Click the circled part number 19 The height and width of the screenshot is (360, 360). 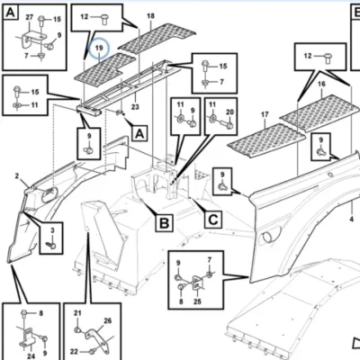coord(99,48)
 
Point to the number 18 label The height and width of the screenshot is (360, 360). coord(150,15)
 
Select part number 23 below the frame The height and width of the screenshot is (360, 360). coord(135,106)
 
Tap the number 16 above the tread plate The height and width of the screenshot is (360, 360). coord(321,84)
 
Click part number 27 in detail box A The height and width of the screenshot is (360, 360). coord(30,17)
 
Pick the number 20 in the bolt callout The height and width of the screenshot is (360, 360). coord(229,112)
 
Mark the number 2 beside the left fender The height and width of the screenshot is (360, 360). coord(17,175)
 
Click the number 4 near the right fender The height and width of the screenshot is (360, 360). coord(352,220)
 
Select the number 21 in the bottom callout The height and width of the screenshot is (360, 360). coord(77,313)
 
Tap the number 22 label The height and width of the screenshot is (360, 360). coord(75,351)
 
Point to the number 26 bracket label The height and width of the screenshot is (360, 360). coord(107,320)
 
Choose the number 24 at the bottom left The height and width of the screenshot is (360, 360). coord(31,356)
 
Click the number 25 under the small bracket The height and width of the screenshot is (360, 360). coord(197,301)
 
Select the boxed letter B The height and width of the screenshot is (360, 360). coord(164,223)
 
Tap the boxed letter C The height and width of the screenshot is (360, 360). coord(213,220)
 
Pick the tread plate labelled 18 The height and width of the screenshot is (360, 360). coord(157,39)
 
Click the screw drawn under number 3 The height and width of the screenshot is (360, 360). coord(51,244)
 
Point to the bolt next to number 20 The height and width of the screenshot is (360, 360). coord(225,124)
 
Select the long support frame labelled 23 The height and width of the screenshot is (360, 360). coord(129,88)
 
